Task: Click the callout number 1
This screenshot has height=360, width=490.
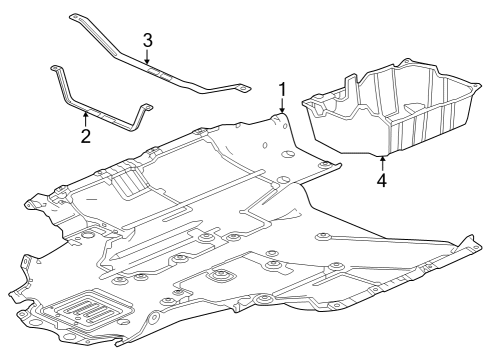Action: pyautogui.click(x=282, y=90)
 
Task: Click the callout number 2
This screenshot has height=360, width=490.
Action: pyautogui.click(x=86, y=136)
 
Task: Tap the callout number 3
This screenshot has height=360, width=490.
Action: pyautogui.click(x=148, y=40)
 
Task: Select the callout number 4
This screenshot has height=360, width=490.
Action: pyautogui.click(x=382, y=180)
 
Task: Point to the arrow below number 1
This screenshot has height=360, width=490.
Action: pyautogui.click(x=282, y=106)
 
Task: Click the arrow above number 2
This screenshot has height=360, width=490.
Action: pyautogui.click(x=86, y=120)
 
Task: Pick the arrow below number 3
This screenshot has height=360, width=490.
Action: pyautogui.click(x=147, y=56)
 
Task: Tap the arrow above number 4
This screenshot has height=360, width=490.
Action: pyautogui.click(x=382, y=164)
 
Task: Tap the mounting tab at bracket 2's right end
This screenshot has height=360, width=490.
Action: pyautogui.click(x=147, y=107)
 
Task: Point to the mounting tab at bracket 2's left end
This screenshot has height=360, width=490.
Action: pyautogui.click(x=55, y=68)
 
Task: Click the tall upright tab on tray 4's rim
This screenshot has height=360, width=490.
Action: pyautogui.click(x=351, y=83)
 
